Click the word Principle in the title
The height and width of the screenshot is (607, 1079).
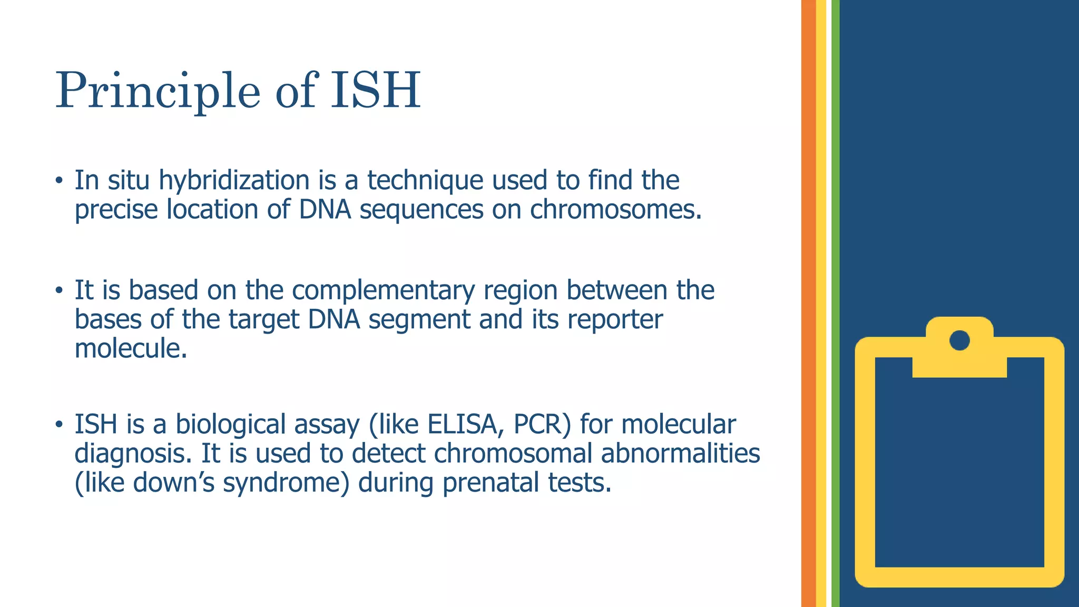pos(158,91)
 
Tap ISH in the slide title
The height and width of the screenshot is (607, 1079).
pos(375,91)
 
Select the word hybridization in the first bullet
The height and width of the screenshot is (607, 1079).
pos(234,180)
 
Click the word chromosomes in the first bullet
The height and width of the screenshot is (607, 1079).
pos(615,210)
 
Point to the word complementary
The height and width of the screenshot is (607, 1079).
pos(384,290)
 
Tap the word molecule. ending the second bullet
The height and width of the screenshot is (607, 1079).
pos(131,349)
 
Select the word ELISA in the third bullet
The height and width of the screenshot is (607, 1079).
pos(462,424)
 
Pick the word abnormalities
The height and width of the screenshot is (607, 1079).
pos(680,454)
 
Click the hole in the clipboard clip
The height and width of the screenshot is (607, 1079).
pos(959,340)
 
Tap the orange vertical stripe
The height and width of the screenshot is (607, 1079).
pos(808,303)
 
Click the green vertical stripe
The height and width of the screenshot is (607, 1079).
pos(835,303)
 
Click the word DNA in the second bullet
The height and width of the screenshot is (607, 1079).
pos(334,320)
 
